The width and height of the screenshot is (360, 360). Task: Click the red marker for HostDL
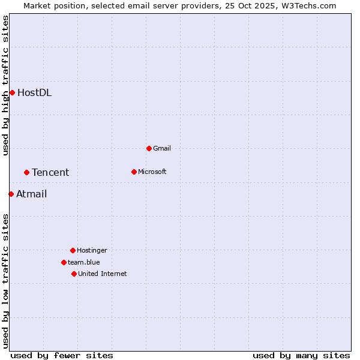coord(12,92)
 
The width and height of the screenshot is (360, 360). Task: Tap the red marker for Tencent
coord(26,172)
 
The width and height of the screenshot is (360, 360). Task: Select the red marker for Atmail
coord(11,194)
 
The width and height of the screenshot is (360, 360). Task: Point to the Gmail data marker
coord(149,148)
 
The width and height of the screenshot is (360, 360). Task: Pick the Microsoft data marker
coord(134,172)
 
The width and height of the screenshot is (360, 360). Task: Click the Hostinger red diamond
coord(73,250)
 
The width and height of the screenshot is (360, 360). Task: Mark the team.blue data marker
coord(64,262)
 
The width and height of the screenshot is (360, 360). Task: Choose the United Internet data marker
coord(74,274)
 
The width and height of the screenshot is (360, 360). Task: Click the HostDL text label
coord(34,92)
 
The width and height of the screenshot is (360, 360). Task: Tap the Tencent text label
coord(50,172)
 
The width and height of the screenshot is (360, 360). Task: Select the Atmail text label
coord(31,194)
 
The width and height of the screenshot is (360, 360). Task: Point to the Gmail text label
coord(162,148)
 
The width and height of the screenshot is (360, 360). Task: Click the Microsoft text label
coord(152,172)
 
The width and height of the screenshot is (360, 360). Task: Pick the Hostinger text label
coord(92,250)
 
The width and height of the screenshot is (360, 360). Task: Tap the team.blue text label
coord(84,262)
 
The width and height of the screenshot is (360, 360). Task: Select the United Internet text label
coord(103,274)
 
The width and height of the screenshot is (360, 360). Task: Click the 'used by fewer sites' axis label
coord(62,355)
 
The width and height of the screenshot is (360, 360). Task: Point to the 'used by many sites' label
coord(301,355)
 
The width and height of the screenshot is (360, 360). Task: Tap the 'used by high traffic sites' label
coord(5,85)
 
